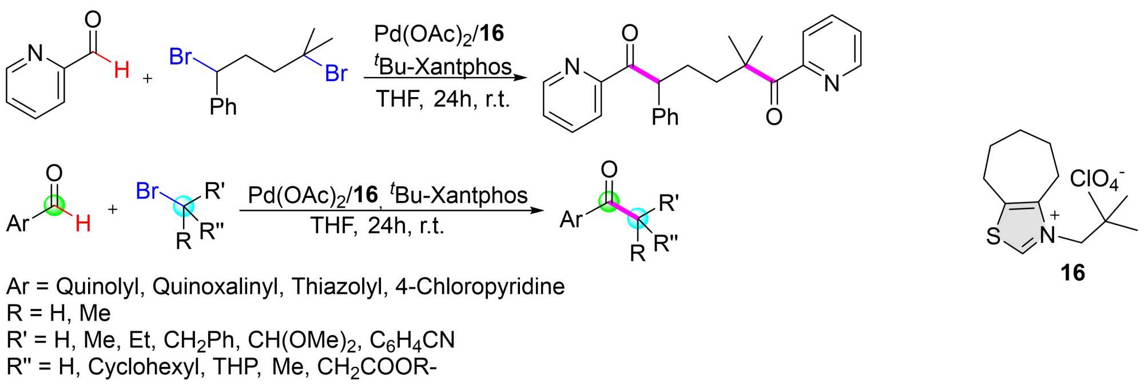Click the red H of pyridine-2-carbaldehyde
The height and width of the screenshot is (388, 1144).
pyautogui.click(x=121, y=70)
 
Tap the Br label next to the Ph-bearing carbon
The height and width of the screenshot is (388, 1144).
pyautogui.click(x=180, y=57)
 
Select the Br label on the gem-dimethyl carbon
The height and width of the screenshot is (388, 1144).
pyautogui.click(x=336, y=74)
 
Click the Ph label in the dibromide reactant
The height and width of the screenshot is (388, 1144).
pyautogui.click(x=223, y=107)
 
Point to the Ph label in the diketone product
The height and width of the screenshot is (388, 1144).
pyautogui.click(x=665, y=117)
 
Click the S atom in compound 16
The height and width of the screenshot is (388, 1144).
pyautogui.click(x=994, y=236)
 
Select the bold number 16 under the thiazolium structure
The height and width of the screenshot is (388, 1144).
pyautogui.click(x=1072, y=273)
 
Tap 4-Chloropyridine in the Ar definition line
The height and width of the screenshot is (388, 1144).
pyautogui.click(x=480, y=286)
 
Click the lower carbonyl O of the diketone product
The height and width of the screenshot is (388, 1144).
pyautogui.click(x=773, y=117)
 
